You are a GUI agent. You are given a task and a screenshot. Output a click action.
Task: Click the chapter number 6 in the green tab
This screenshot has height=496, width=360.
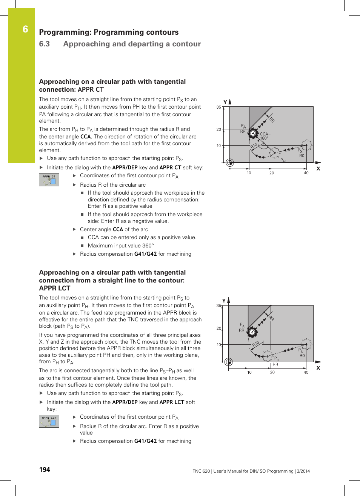pyautogui.click(x=25, y=29)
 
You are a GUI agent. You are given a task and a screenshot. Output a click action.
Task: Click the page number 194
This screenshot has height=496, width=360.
pyautogui.click(x=45, y=470)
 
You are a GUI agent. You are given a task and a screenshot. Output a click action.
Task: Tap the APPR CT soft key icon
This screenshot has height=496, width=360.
pyautogui.click(x=49, y=180)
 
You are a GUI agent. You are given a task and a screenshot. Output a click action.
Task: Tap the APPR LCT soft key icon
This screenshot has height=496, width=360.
pyautogui.click(x=49, y=421)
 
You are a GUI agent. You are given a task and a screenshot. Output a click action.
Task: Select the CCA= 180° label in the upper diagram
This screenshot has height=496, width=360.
pyautogui.click(x=265, y=136)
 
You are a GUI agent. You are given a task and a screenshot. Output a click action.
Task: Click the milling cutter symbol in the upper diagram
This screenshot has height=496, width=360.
pyautogui.click(x=253, y=133)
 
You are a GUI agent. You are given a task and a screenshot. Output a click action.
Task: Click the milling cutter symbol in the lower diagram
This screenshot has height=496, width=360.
pyautogui.click(x=252, y=332)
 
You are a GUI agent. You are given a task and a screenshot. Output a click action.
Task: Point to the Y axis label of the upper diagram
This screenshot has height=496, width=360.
pyautogui.click(x=225, y=102)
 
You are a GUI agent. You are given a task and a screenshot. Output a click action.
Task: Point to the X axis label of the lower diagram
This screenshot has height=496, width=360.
pyautogui.click(x=318, y=368)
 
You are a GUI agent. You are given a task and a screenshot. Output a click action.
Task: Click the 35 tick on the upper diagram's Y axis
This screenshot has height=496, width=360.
pyautogui.click(x=219, y=107)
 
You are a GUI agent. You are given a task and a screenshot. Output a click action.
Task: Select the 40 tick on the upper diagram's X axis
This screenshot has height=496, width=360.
pyautogui.click(x=306, y=173)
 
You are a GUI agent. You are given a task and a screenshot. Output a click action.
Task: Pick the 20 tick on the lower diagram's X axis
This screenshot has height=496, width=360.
pyautogui.click(x=272, y=372)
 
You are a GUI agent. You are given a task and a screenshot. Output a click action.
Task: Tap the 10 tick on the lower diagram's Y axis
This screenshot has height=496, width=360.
pyautogui.click(x=219, y=345)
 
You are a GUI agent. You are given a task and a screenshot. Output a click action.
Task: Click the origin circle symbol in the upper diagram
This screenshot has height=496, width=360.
pyautogui.click(x=229, y=163)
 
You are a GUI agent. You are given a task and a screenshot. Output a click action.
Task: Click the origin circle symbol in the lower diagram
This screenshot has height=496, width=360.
pyautogui.click(x=228, y=362)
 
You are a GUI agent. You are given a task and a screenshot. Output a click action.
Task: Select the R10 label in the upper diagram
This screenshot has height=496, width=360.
pyautogui.click(x=254, y=146)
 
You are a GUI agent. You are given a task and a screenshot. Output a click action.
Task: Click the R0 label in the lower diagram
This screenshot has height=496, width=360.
pyautogui.click(x=302, y=356)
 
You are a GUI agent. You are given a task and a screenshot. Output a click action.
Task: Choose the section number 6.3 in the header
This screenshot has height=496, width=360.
pyautogui.click(x=45, y=44)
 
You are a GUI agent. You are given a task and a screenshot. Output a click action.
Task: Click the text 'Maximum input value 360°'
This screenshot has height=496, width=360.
pyautogui.click(x=121, y=246)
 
